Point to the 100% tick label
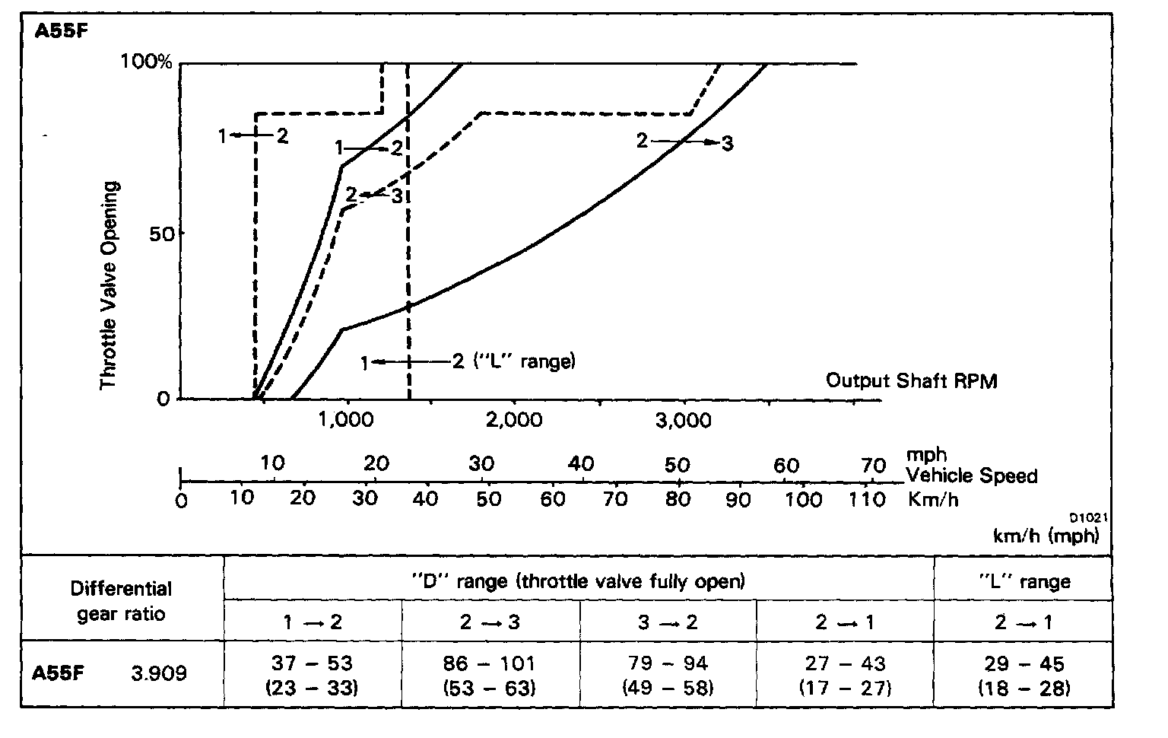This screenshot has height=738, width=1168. pos(148,62)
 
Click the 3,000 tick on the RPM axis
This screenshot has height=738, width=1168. pos(683,419)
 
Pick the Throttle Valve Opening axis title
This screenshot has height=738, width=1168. pos(111,285)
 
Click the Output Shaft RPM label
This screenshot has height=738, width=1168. pos(911,380)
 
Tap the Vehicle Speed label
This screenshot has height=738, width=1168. pos(972,476)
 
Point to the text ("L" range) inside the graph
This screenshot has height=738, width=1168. pos(525,361)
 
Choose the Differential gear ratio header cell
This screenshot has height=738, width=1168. pos(122,601)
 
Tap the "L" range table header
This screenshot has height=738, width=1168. pos(1024,582)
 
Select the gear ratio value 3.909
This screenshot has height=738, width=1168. pos(159,673)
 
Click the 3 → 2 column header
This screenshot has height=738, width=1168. pos(668,622)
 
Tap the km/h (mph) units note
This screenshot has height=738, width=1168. pos(1046,536)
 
